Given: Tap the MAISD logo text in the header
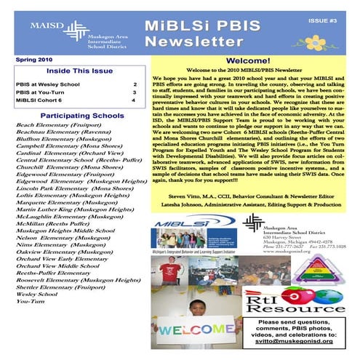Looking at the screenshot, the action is [x=44, y=24].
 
